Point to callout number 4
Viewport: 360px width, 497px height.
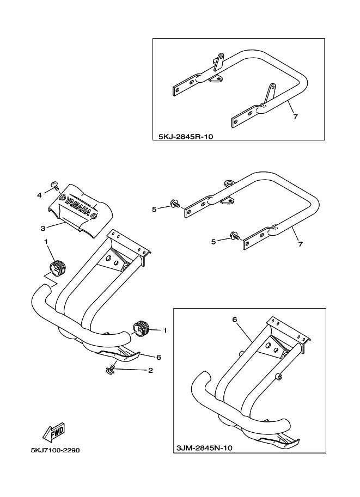[39, 194]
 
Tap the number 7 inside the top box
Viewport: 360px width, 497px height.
[295, 116]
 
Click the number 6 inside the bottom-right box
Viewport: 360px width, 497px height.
[235, 320]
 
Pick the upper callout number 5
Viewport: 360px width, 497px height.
[154, 208]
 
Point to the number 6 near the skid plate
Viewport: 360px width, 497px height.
[158, 357]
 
